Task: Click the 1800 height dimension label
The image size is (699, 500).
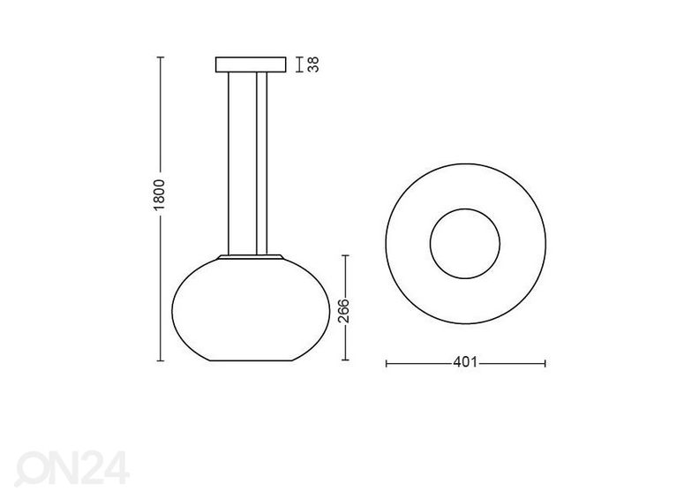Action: point(159,195)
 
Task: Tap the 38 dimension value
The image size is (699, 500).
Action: point(314,64)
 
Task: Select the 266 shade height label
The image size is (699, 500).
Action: point(343,311)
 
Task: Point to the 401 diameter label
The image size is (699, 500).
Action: point(465,362)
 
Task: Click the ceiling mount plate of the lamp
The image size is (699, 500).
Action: point(251,64)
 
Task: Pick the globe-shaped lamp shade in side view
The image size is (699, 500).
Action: point(251,309)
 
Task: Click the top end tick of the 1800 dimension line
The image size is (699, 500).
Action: point(161,57)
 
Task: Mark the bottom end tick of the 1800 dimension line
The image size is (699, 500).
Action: point(161,360)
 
